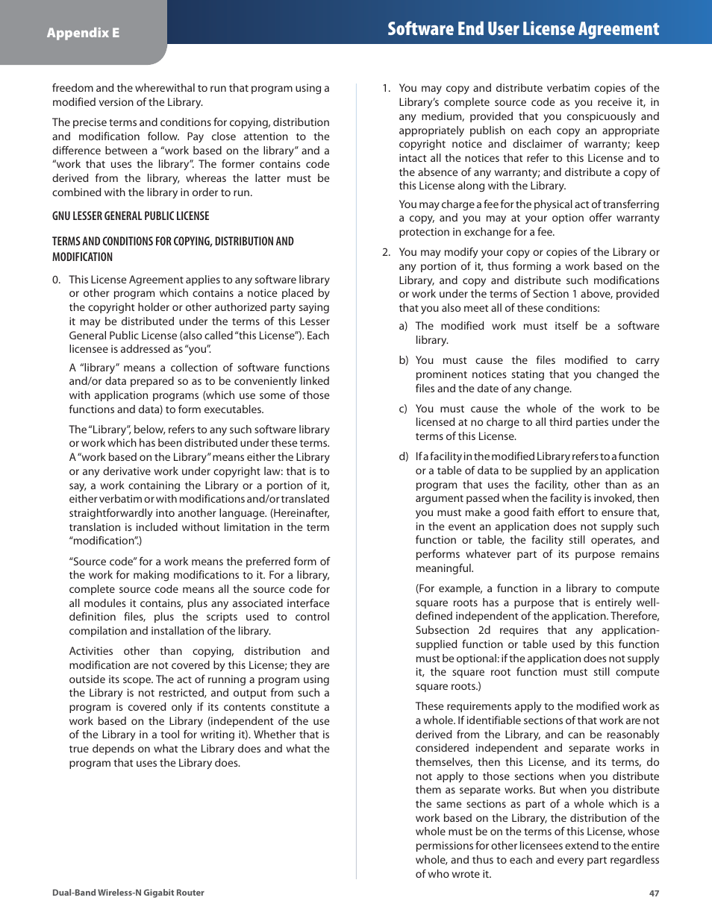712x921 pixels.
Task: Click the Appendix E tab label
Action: [83, 33]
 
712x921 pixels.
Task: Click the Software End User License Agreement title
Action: [523, 29]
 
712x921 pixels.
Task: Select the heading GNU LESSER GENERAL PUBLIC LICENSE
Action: [131, 216]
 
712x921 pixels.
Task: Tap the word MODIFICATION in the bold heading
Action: [82, 257]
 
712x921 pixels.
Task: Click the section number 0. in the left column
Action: [57, 280]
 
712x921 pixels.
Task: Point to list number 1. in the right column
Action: [386, 88]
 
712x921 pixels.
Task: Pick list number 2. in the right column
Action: [386, 252]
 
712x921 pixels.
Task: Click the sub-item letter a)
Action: [403, 326]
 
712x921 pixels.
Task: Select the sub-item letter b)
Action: [403, 360]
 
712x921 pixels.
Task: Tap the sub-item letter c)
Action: [403, 409]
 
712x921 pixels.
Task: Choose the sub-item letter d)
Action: [403, 456]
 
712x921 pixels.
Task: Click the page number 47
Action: [654, 893]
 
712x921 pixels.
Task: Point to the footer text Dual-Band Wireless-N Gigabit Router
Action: [128, 893]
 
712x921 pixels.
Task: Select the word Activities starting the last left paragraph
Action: [91, 651]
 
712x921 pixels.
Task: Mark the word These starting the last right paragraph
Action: [429, 706]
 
